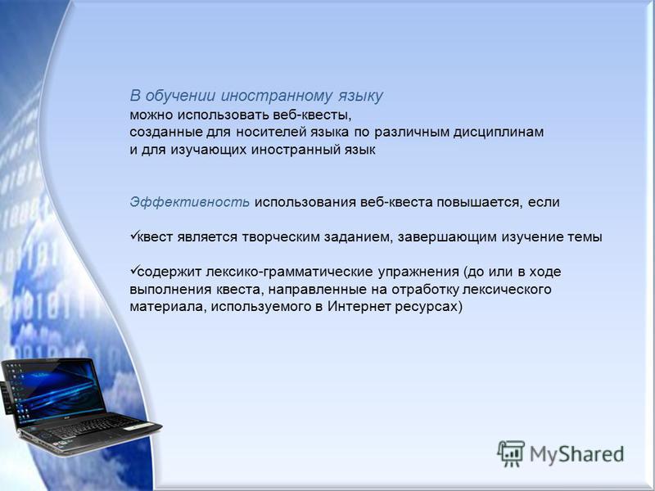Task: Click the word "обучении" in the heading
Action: pos(180,96)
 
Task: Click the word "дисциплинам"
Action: pos(499,133)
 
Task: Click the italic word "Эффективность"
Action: pos(190,202)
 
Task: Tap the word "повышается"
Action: pos(480,202)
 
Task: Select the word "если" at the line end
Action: pos(544,202)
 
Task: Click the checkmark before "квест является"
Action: pos(133,236)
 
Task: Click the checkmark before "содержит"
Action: pos(133,271)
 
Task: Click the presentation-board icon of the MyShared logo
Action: pos(511,453)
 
